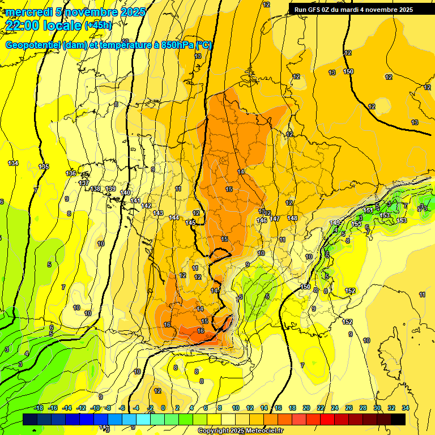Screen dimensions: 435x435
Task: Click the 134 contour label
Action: coord(13,163)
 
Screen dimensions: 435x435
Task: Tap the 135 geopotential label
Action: coord(44,167)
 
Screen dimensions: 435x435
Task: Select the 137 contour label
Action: coord(84,183)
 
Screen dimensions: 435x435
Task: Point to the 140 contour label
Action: coord(125,193)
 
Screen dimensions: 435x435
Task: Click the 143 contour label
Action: coord(158,213)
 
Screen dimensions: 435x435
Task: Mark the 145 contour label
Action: coord(190,223)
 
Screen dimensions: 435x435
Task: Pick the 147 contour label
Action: coord(275,219)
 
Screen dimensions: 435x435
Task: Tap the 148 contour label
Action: coord(292,218)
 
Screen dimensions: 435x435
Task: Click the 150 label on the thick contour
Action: coord(348,71)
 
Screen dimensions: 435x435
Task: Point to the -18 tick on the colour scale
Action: coord(39,408)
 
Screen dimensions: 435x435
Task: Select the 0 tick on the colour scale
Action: coord(163,408)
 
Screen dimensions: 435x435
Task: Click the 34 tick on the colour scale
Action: coord(406,408)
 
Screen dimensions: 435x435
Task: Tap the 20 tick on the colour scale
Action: coord(306,408)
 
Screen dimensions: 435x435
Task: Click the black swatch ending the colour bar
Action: coord(398,419)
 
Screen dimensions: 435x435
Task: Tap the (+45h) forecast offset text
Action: coord(98,25)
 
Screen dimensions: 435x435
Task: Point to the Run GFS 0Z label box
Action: coord(353,10)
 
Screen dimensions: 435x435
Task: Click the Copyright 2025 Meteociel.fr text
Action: coord(240,430)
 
